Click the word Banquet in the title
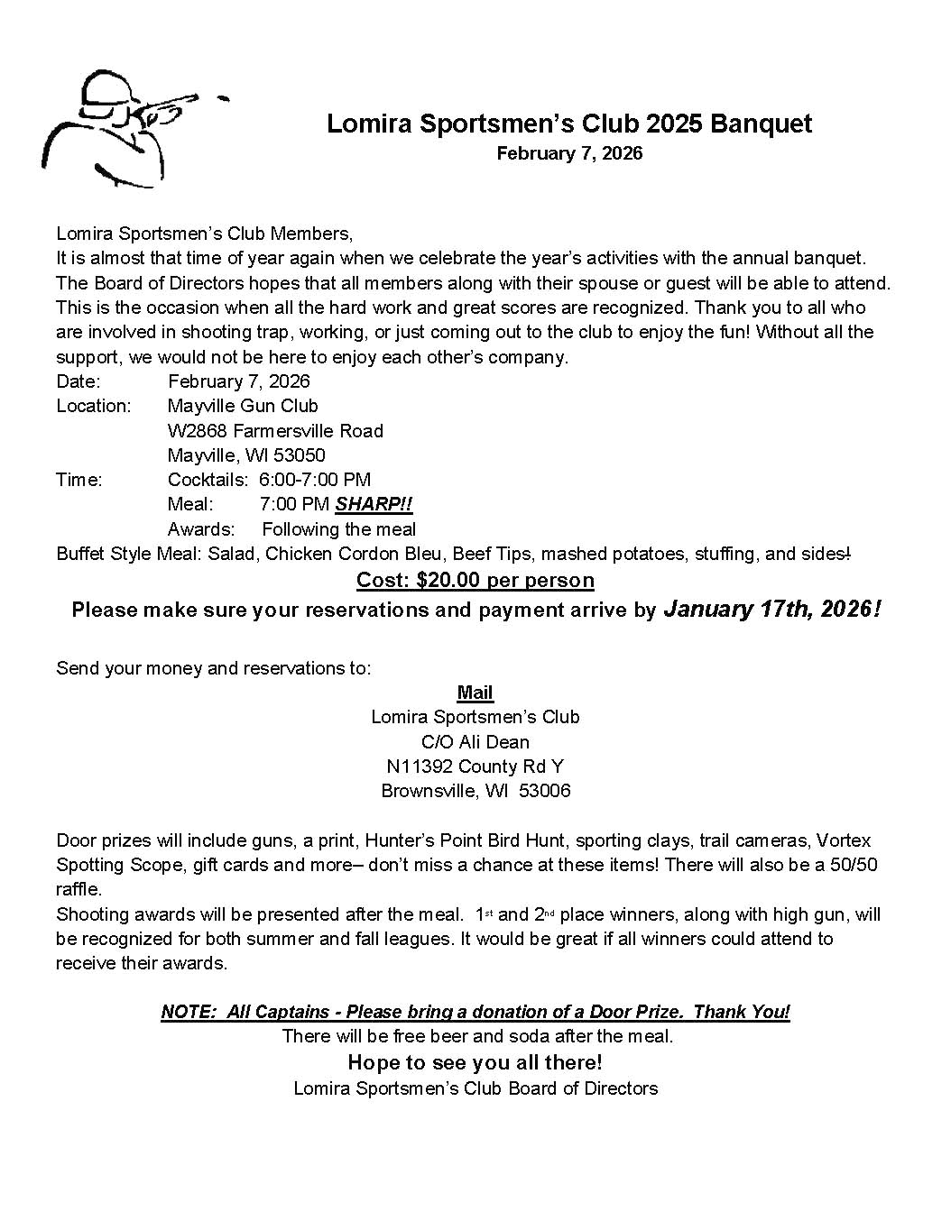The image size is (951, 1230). [x=761, y=124]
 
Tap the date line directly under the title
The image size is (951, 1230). [x=569, y=153]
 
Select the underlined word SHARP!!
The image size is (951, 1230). [x=374, y=504]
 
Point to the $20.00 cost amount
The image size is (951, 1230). [x=448, y=580]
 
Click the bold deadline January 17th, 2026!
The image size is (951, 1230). [x=771, y=610]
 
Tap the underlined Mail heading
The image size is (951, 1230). [x=475, y=693]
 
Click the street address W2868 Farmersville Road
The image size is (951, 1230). [x=275, y=431]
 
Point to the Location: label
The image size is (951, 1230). [x=93, y=406]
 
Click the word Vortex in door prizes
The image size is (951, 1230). [x=844, y=840]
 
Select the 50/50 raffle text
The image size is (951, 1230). [x=848, y=865]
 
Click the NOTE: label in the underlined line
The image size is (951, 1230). [x=189, y=1012]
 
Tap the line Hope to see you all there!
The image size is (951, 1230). [x=475, y=1062]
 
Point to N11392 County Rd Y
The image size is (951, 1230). [x=475, y=766]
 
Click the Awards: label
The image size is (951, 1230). [x=201, y=529]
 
